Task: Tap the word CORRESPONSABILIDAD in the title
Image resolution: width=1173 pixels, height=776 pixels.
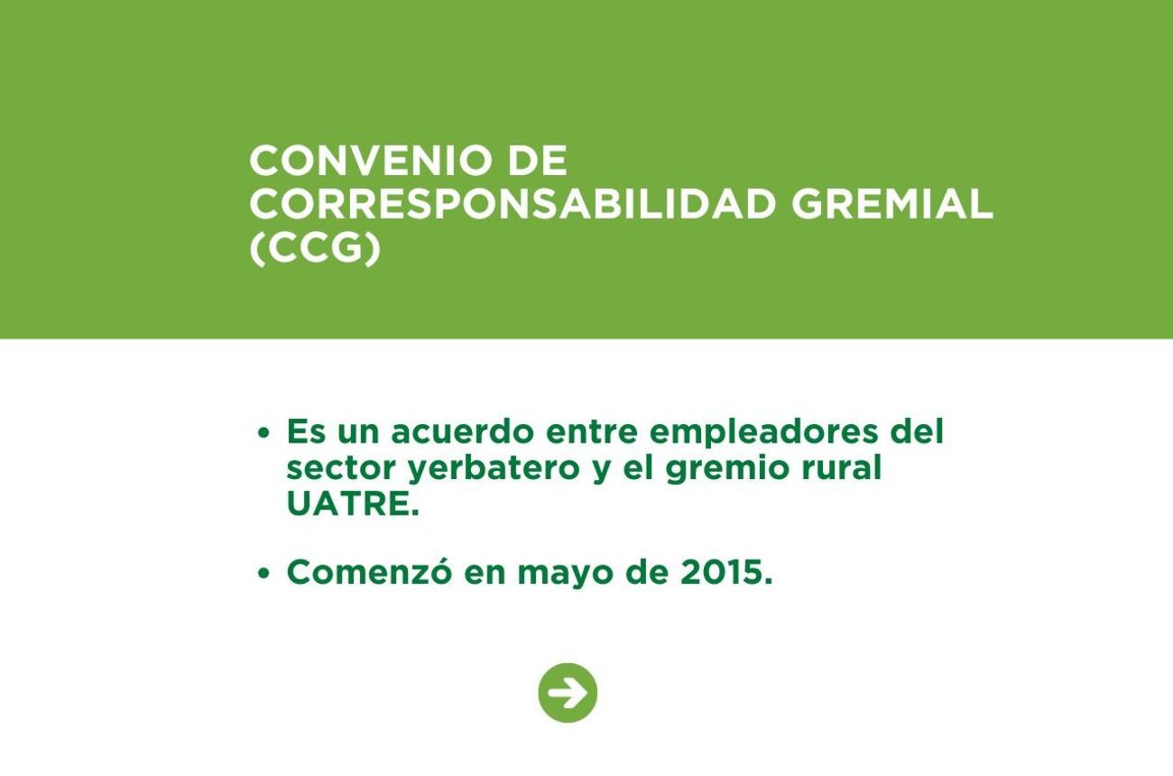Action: pos(513,204)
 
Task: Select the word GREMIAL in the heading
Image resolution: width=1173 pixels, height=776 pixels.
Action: pos(891,204)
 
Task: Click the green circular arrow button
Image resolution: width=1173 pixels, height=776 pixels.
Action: pos(568,692)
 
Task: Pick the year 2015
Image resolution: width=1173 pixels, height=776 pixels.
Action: pos(726,572)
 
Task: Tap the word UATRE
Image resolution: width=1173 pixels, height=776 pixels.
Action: pos(353,503)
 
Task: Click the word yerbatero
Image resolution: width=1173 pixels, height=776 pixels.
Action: pos(494,468)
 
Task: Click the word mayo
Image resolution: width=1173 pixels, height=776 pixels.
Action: pos(566,575)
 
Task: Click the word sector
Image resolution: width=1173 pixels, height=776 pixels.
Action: pos(340,468)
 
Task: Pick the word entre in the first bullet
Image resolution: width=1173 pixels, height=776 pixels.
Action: pos(592,432)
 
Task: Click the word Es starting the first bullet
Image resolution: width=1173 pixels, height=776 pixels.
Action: pos(306,431)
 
